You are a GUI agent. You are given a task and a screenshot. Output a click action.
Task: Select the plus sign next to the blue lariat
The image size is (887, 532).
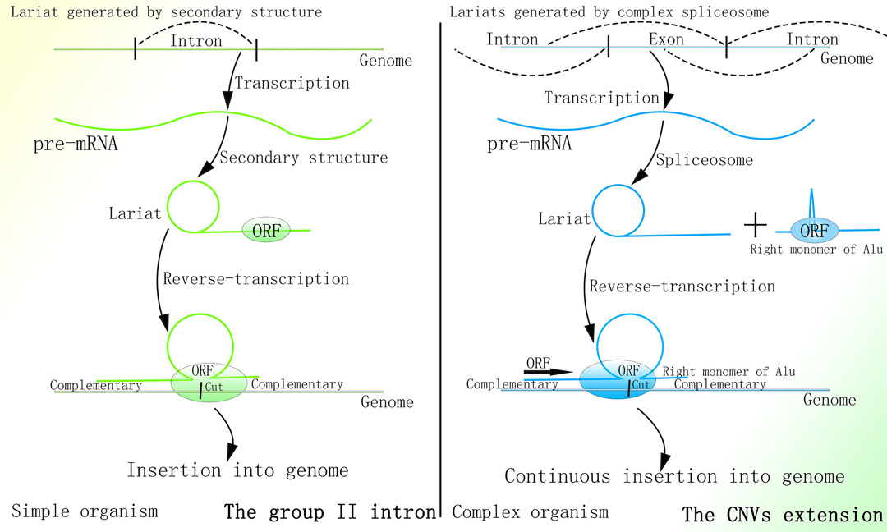point(754,223)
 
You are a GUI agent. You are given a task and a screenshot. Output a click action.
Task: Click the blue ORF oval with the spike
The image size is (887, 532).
point(813,231)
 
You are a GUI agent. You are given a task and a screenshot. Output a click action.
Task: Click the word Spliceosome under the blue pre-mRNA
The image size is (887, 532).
point(704,160)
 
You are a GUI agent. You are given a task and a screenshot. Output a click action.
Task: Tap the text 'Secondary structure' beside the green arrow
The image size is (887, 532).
point(303,158)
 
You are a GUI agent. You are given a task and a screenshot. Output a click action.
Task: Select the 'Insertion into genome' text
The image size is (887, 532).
point(237,470)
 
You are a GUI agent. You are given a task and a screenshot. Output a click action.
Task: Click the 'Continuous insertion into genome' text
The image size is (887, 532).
point(673,476)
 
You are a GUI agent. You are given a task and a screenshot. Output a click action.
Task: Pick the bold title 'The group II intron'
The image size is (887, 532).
point(330,513)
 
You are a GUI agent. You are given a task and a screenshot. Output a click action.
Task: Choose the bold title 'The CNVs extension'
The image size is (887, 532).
point(782,515)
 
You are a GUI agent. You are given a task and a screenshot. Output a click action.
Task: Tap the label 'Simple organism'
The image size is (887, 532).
point(85,511)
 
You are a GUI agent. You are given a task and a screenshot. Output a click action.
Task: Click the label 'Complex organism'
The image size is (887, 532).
point(531,512)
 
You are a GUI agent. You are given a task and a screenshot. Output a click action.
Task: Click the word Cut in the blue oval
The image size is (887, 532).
point(643,384)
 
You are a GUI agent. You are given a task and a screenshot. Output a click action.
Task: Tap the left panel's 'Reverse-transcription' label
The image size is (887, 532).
point(255,279)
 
